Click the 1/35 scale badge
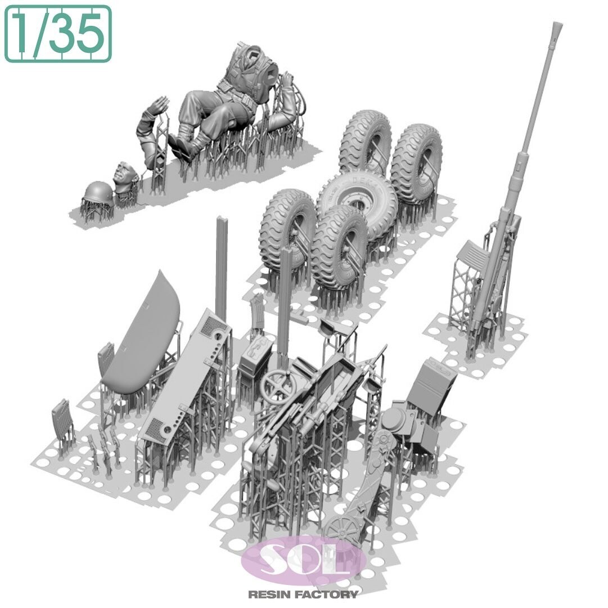click(58, 34)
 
